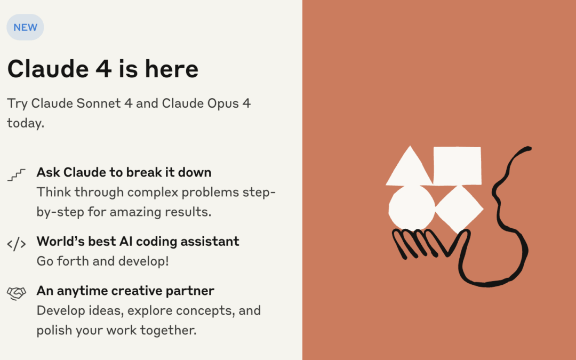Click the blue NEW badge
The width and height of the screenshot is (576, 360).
pos(25,27)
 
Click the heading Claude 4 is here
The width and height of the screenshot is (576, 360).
pos(103,69)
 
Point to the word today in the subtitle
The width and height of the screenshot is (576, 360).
pos(26,123)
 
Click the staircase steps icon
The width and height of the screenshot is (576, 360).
pos(17,175)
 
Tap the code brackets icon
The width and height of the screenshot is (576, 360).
pos(17,244)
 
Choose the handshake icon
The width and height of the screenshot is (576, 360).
pos(17,293)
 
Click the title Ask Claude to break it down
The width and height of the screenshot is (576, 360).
pos(124,172)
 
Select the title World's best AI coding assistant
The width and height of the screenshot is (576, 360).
pos(138,242)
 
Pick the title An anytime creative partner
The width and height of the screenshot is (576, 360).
pos(125,291)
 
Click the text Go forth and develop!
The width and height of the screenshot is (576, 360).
pos(102,261)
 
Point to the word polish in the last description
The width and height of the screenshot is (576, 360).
pos(54,330)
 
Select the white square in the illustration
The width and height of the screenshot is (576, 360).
pos(458,166)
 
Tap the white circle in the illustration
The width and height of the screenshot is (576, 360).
pos(412,207)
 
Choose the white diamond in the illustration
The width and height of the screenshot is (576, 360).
pos(459,209)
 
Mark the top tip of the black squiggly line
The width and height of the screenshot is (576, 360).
pos(530,148)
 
